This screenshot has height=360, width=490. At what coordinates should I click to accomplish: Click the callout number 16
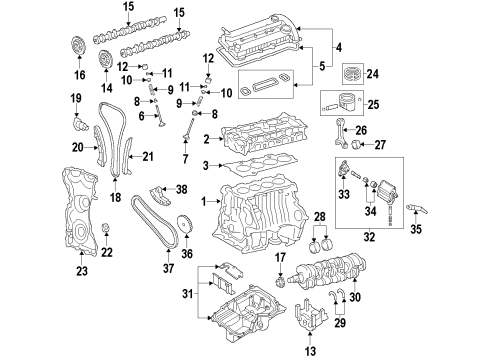(x=80, y=75)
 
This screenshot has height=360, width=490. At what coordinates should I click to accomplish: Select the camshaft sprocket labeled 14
(x=106, y=60)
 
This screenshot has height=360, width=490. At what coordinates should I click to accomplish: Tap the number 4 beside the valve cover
(x=339, y=48)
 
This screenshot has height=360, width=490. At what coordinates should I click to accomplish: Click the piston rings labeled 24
(x=353, y=74)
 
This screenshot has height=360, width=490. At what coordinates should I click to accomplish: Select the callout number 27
(x=380, y=145)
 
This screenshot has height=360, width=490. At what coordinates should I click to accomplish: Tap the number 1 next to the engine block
(x=204, y=201)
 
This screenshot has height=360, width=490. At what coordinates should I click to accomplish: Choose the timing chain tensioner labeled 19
(x=80, y=123)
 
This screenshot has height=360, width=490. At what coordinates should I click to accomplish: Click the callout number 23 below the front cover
(x=81, y=271)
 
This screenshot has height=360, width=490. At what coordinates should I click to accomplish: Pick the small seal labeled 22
(x=106, y=228)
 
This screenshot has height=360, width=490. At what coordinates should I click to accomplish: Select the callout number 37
(x=168, y=268)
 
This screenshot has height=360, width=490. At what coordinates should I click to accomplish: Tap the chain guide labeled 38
(x=160, y=196)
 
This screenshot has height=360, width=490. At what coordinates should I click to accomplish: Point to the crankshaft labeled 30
(x=328, y=271)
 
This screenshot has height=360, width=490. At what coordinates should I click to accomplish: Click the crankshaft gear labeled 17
(x=279, y=282)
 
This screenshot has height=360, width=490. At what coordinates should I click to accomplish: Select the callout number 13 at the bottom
(x=310, y=351)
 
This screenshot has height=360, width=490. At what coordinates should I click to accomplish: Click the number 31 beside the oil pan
(x=188, y=294)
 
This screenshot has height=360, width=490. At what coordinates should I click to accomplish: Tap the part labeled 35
(x=417, y=209)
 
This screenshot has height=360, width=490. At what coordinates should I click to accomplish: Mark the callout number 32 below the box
(x=369, y=237)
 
